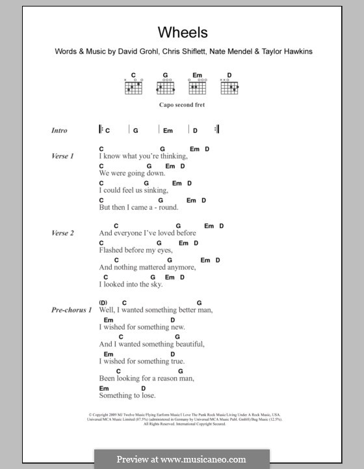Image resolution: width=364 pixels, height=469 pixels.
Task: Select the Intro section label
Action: click(x=59, y=131)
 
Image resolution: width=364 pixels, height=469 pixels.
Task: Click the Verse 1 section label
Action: click(x=63, y=157)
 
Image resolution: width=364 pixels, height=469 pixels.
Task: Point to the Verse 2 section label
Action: click(x=63, y=233)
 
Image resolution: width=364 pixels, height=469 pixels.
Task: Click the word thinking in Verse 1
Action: click(x=171, y=157)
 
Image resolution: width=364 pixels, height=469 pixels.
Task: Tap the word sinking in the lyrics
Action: click(x=154, y=191)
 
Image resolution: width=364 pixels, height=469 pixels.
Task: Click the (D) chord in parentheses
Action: click(x=103, y=302)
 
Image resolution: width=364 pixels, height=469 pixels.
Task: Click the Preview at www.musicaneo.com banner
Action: click(x=181, y=459)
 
